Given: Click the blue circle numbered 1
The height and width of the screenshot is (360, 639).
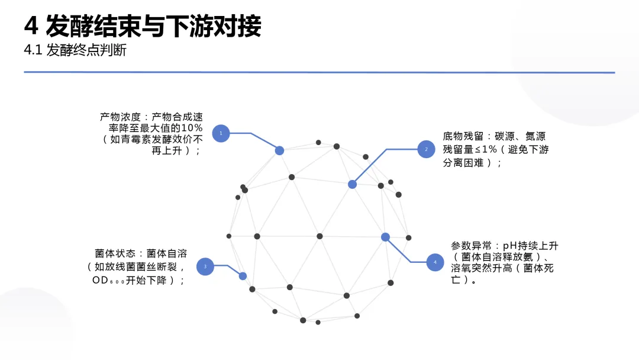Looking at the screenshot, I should point(221,133).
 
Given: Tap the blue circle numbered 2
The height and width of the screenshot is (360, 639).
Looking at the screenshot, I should point(426,149).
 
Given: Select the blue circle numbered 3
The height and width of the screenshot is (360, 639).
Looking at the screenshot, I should point(205,266).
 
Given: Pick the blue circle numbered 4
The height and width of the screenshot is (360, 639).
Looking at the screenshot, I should point(435,262).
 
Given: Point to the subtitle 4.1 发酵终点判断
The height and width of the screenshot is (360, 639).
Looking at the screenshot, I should point(75,51).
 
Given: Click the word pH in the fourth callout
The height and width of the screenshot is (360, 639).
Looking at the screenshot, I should point(509,246).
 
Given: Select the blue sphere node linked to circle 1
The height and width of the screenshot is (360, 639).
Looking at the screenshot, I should point(279,150).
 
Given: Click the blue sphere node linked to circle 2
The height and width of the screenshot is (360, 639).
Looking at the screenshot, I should point(352,184).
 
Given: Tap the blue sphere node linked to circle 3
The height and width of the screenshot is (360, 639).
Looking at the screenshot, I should point(243,276).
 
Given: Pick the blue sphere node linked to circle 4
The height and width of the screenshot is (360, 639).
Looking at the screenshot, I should point(385,237).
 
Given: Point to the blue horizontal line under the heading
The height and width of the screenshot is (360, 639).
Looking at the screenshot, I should point(319,72).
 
